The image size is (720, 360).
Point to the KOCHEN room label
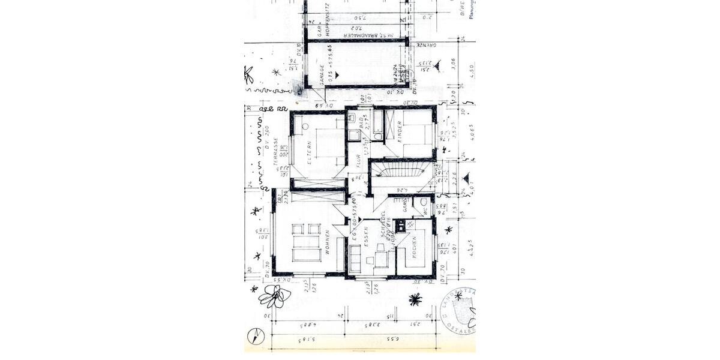415,247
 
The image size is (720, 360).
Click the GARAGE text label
322,76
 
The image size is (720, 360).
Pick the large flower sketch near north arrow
274,296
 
